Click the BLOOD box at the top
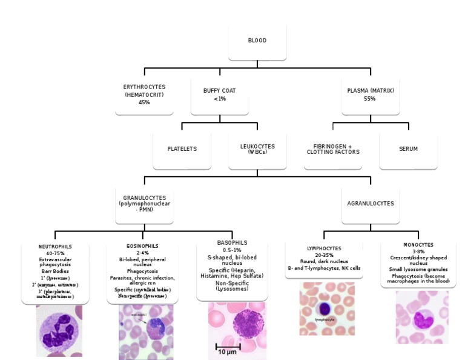pyautogui.click(x=257, y=41)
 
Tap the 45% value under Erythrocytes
pyautogui.click(x=144, y=102)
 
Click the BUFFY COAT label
pyautogui.click(x=219, y=90)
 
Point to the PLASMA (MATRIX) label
pyautogui.click(x=371, y=90)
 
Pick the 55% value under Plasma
pyautogui.click(x=371, y=98)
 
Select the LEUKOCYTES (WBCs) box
pyautogui.click(x=257, y=148)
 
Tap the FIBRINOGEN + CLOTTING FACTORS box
pyautogui.click(x=332, y=148)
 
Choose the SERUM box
pyautogui.click(x=408, y=148)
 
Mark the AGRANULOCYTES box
pyautogui.click(x=371, y=204)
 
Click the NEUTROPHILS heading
pyautogui.click(x=55, y=247)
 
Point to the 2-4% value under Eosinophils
pyautogui.click(x=143, y=253)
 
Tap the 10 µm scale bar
pyautogui.click(x=228, y=348)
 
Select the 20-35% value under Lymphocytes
pyautogui.click(x=323, y=255)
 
